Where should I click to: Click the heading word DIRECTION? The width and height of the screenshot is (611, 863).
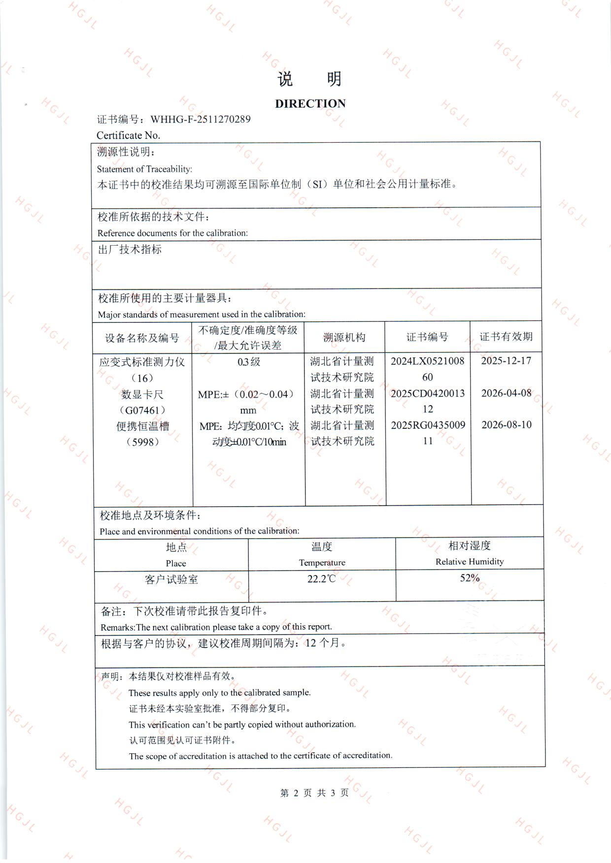click(310, 104)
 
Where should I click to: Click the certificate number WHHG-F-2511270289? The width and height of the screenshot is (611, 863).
click(200, 119)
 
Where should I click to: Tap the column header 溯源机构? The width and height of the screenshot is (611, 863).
click(344, 337)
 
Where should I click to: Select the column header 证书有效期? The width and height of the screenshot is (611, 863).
click(506, 337)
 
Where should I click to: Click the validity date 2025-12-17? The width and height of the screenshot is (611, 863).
click(506, 361)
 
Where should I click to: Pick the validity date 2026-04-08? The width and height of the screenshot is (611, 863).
click(506, 393)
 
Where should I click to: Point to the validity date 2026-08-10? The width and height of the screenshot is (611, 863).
click(506, 424)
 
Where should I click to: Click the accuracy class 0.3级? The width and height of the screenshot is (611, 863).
click(248, 362)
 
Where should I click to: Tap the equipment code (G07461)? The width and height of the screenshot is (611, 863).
click(142, 410)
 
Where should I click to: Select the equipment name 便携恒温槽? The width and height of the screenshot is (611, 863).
click(142, 426)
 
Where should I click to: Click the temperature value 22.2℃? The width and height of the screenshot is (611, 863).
click(321, 579)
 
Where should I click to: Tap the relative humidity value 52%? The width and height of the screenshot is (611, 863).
click(470, 578)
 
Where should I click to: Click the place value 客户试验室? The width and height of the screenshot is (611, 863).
click(171, 579)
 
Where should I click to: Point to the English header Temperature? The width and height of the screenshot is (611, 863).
click(322, 563)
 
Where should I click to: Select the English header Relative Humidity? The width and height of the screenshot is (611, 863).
click(470, 562)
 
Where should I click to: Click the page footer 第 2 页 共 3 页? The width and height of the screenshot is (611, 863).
click(314, 793)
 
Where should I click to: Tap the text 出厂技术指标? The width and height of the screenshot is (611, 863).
click(130, 250)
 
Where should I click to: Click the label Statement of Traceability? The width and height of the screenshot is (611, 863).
click(144, 169)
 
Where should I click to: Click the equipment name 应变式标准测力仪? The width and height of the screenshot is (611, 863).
click(142, 362)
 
